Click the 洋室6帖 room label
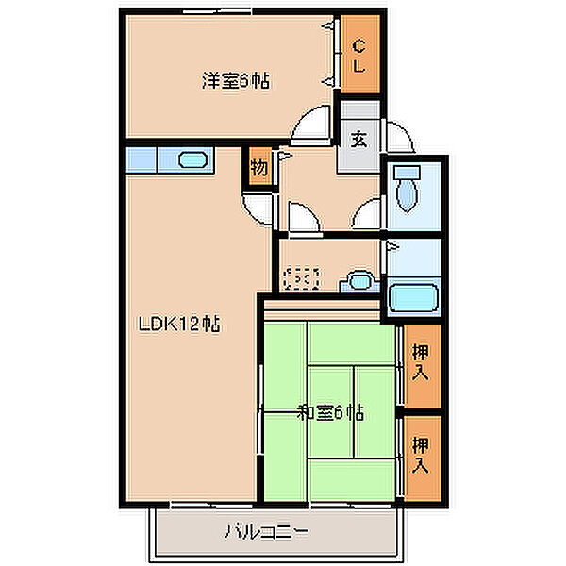pos(235,81)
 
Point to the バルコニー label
pos(266,532)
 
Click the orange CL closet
pos(360,55)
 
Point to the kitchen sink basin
pos(192,159)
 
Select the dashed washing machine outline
pos(302,279)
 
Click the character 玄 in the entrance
pos(359,139)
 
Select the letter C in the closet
pos(360,44)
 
